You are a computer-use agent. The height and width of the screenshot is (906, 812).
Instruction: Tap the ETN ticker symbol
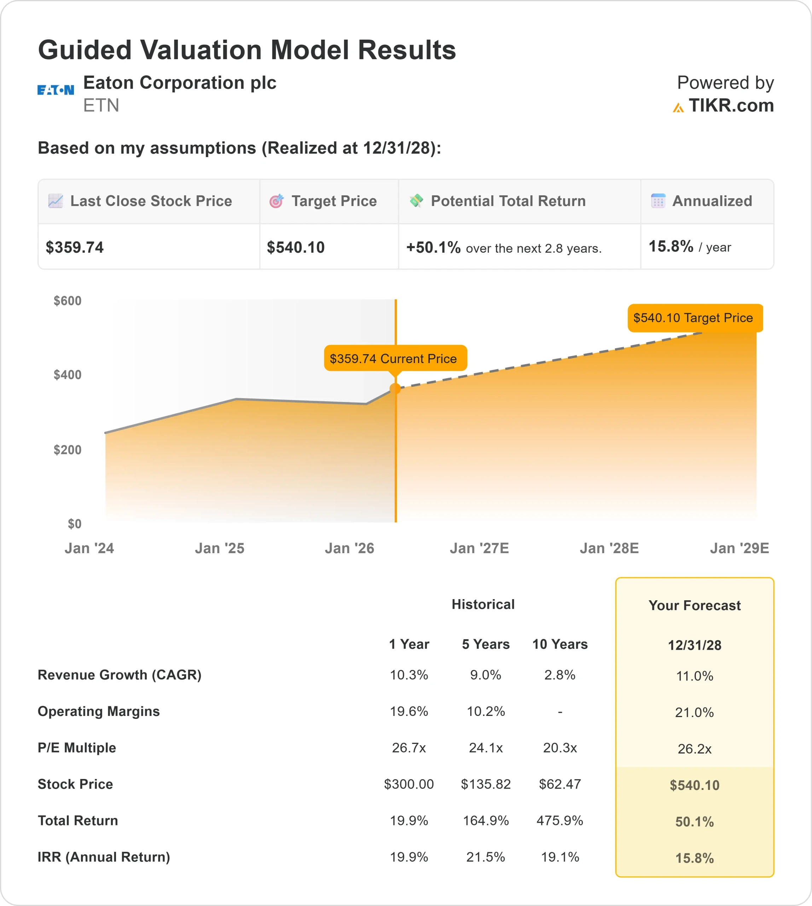pos(101,106)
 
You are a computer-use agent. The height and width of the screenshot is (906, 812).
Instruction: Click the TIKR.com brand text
pos(731,106)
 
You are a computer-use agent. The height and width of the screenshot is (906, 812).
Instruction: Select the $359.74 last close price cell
pos(75,247)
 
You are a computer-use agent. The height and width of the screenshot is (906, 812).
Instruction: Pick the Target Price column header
pos(334,201)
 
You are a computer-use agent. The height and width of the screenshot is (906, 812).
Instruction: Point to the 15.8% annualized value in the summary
pos(671,246)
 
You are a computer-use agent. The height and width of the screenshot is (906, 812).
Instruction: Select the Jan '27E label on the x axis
pos(479,548)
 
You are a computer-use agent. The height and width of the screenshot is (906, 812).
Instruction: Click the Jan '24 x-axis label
pos(89,548)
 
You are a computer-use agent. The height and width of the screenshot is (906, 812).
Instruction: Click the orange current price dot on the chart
pos(395,389)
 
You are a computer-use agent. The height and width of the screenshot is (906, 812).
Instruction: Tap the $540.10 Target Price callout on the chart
pos(695,318)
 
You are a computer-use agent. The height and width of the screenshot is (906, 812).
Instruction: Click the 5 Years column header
pos(486,644)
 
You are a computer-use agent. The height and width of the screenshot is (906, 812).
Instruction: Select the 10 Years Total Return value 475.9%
pos(559,821)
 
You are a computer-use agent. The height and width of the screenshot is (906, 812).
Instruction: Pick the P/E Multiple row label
pos(77,748)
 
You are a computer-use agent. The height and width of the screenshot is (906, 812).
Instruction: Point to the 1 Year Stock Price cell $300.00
pos(409,784)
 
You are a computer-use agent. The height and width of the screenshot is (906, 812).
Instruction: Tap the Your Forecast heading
pos(694,606)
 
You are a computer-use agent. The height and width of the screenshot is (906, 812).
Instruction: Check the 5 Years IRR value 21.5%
pos(486,857)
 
